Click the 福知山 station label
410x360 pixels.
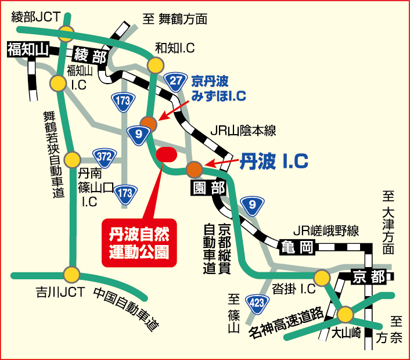tap(27, 50)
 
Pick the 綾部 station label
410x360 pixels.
tap(90, 56)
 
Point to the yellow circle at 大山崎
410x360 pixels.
tap(344, 315)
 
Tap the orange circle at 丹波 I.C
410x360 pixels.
tap(194, 169)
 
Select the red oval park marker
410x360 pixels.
tap(167, 154)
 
